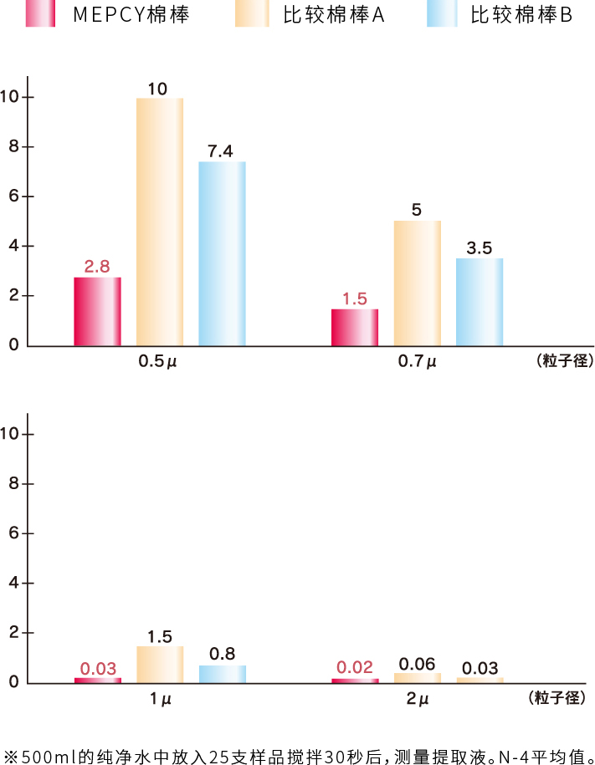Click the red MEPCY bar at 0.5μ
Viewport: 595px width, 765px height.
pyautogui.click(x=97, y=311)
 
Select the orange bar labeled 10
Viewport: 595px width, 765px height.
pyautogui.click(x=159, y=222)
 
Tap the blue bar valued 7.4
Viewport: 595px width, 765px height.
pyautogui.click(x=222, y=253)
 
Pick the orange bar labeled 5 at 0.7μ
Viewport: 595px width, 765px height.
pyautogui.click(x=417, y=283)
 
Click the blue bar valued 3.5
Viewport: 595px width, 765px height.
pyautogui.click(x=480, y=302)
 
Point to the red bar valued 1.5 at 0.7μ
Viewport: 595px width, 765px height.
pyautogui.click(x=355, y=327)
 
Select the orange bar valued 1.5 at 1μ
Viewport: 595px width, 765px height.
pyautogui.click(x=159, y=665)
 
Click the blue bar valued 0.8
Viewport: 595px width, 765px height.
pyautogui.click(x=222, y=674)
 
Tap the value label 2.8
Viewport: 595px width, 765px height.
pyautogui.click(x=97, y=267)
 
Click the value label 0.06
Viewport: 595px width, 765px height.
pyautogui.click(x=417, y=664)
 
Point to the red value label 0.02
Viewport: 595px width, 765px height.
pyautogui.click(x=355, y=668)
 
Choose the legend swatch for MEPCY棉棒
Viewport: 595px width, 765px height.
pyautogui.click(x=40, y=14)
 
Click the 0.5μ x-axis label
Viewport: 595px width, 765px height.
pyautogui.click(x=158, y=363)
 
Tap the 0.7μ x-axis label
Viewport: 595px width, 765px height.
pyautogui.click(x=417, y=363)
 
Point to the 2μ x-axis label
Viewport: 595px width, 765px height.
pyautogui.click(x=417, y=700)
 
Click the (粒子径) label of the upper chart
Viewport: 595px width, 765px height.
pyautogui.click(x=562, y=362)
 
